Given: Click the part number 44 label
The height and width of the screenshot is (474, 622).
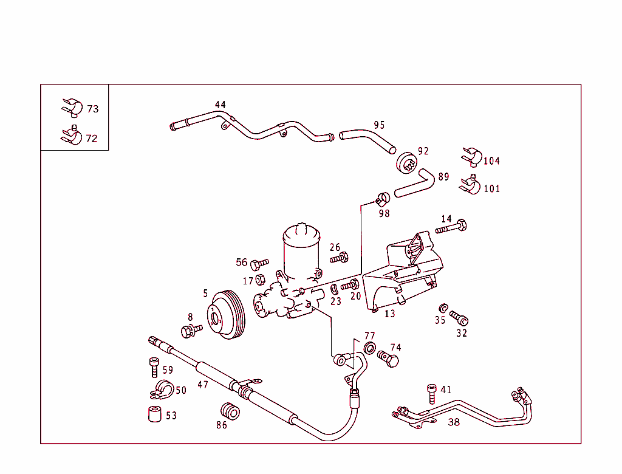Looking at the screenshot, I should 220,105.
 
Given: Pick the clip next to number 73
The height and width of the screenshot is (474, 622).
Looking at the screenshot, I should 72,107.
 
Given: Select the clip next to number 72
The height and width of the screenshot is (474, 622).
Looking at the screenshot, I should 72,136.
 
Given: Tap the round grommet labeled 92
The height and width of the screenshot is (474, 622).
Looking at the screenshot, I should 406,162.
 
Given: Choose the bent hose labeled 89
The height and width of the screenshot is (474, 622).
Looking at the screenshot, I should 416,184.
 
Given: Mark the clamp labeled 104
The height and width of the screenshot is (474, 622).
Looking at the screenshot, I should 471,157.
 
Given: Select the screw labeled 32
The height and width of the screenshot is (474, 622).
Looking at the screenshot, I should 459,318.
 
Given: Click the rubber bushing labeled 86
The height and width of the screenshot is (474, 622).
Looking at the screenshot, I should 230,411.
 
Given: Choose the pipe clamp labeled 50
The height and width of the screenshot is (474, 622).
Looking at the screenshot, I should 162,389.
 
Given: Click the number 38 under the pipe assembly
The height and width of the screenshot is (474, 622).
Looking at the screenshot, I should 454,422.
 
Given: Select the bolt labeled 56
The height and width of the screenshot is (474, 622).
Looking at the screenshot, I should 259,264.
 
